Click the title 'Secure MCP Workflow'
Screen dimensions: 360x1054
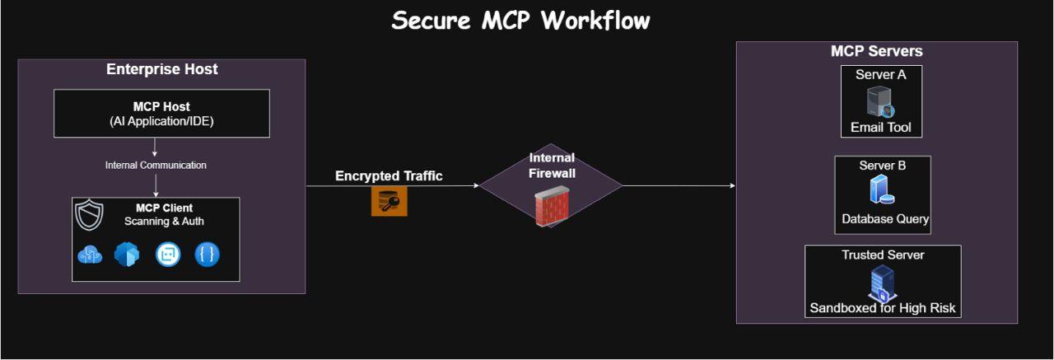tap(520, 21)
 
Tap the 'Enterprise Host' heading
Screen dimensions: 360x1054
tap(162, 70)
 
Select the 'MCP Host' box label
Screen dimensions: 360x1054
tap(161, 106)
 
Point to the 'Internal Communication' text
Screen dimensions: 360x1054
tap(156, 166)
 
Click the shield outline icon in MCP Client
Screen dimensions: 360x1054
tap(88, 214)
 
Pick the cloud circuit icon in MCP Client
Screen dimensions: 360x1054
tap(89, 255)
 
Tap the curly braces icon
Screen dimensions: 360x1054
tap(207, 255)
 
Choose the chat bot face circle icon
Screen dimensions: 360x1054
tap(168, 255)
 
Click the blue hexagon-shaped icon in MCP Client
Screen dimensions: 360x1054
tap(128, 255)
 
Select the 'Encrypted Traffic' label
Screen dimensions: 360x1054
tap(389, 176)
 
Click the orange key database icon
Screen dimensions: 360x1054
tap(389, 201)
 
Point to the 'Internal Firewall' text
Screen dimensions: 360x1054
tap(552, 166)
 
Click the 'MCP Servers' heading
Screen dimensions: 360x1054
tap(876, 52)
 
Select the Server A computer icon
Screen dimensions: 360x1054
tap(879, 102)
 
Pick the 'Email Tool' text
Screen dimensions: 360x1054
tap(880, 128)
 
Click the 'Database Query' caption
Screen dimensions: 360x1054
tap(885, 219)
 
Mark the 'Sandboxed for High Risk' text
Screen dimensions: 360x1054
tap(883, 309)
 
